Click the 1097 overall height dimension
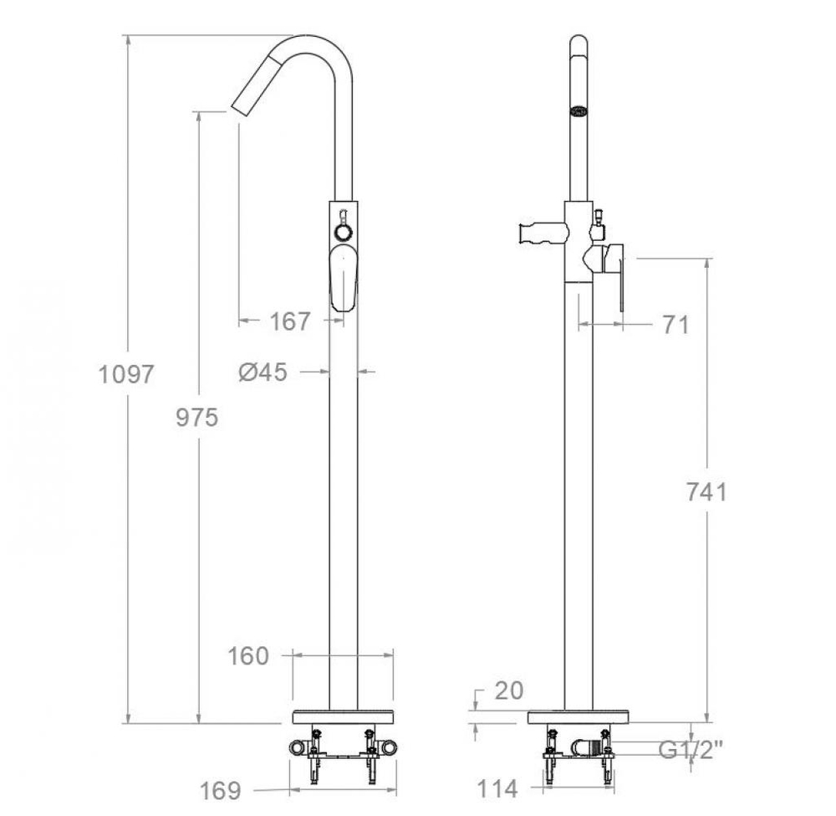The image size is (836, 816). (126, 374)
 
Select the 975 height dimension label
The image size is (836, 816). (197, 418)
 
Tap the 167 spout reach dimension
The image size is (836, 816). (289, 321)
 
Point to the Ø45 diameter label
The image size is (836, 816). (263, 372)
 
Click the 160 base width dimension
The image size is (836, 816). (248, 655)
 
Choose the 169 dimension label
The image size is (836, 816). (220, 790)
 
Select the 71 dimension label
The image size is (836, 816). (675, 325)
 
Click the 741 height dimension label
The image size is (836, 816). (706, 491)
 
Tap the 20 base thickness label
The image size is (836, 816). (509, 690)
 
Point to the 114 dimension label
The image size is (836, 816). (497, 788)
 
